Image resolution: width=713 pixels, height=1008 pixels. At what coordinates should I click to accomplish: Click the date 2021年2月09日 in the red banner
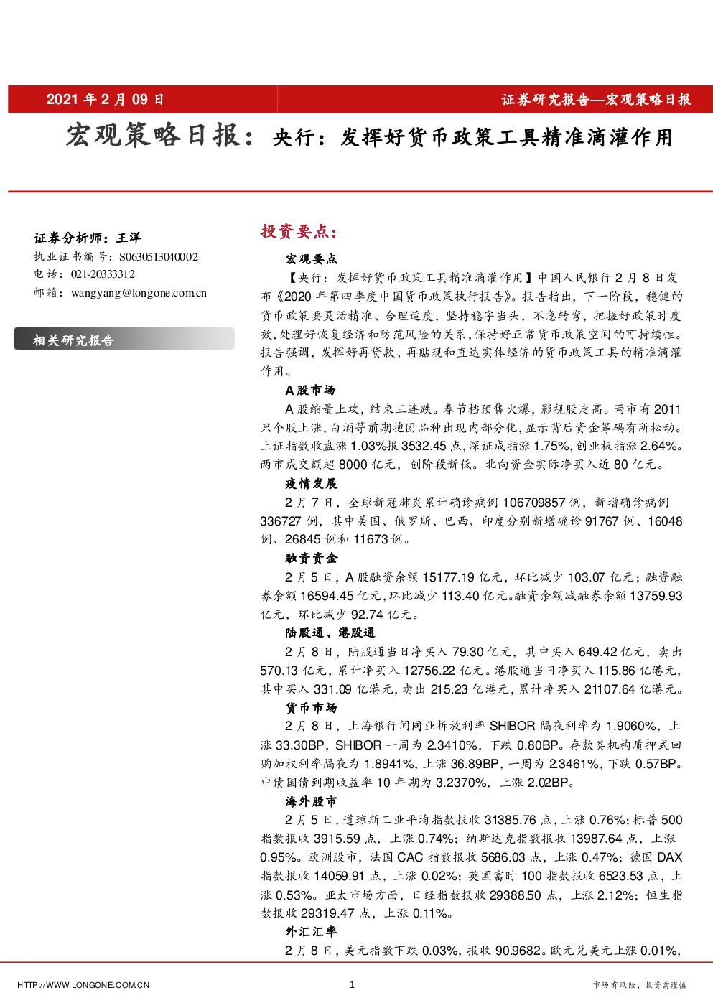105,99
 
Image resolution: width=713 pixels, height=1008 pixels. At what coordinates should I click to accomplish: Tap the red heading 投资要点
299,231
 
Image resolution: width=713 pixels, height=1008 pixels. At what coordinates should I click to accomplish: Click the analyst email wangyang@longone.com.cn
139,293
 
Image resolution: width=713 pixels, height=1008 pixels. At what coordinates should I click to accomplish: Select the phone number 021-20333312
103,274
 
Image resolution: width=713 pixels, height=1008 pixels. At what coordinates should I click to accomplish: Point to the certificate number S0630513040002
159,256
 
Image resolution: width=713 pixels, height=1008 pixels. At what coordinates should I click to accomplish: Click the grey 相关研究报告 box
124,339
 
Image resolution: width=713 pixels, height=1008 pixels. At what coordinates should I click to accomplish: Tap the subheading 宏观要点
311,258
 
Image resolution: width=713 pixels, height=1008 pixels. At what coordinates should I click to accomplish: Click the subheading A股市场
310,390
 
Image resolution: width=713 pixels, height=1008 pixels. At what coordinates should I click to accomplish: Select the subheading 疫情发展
311,483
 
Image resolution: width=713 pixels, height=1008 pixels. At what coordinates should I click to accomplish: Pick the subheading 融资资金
311,558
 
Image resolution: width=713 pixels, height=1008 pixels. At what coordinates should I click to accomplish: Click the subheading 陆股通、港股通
330,633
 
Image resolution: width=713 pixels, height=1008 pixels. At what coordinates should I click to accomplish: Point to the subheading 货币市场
311,707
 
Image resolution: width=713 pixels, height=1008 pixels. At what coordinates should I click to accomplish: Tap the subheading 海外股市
311,801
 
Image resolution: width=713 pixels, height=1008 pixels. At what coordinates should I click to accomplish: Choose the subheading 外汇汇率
311,931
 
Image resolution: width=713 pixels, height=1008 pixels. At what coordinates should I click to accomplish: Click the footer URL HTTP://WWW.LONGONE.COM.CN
83,985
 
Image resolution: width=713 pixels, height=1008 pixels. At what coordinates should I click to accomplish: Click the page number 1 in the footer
352,984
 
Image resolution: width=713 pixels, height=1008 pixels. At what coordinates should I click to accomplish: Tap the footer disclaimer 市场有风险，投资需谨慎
639,985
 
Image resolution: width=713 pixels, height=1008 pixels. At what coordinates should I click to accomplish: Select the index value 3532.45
424,446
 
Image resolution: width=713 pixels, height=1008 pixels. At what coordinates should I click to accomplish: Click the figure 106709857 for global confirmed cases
533,502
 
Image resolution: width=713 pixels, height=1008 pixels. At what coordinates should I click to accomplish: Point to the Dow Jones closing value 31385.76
511,820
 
